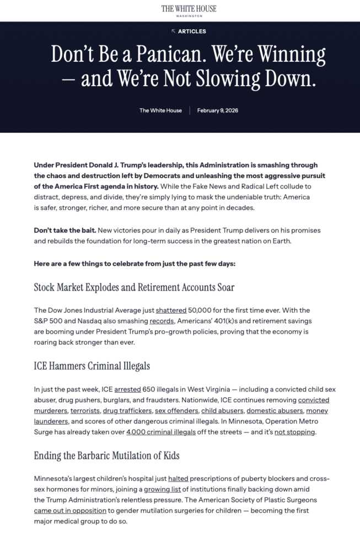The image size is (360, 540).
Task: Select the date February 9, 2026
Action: pos(218,110)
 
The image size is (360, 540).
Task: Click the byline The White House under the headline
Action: pos(160,110)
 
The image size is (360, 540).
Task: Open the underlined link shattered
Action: pos(171,310)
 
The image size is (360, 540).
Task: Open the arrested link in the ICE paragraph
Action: pos(128,389)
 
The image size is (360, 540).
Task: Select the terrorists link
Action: pos(85,411)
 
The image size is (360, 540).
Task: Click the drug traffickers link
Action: pos(126,411)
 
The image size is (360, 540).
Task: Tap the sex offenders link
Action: pos(176,411)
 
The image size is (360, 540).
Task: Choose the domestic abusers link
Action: pos(275,411)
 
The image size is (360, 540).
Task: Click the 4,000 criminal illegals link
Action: pos(161,432)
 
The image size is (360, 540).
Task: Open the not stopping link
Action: pos(294,432)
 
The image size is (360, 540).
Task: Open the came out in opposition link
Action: pos(69,511)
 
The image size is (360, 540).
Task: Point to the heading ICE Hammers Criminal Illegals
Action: pos(92,366)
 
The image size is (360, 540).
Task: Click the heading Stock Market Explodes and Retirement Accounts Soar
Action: pos(134,287)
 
